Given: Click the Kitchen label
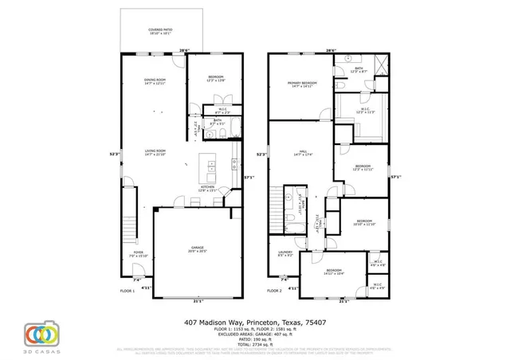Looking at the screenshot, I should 209,189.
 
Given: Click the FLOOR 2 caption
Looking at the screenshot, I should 275,292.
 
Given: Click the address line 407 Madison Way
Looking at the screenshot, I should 254,323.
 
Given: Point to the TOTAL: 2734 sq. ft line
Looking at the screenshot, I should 254,346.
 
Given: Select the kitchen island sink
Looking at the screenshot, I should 212,166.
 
